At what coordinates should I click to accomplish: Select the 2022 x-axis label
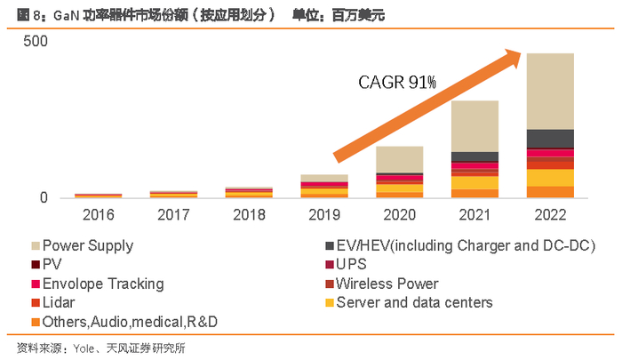click(x=549, y=214)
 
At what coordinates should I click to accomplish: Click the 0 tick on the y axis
click(x=42, y=197)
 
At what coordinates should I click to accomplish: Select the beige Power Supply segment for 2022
click(x=549, y=91)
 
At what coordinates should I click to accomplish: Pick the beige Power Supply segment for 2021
click(x=474, y=125)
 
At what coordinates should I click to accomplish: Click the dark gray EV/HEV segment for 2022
click(x=549, y=138)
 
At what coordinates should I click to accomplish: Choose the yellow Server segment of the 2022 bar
click(x=549, y=178)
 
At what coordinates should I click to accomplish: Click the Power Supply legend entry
click(x=88, y=245)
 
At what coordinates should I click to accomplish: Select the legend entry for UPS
click(x=350, y=265)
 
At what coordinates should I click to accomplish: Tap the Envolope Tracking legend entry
click(x=103, y=284)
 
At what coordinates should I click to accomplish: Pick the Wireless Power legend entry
click(x=387, y=284)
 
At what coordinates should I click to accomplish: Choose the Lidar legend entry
click(x=60, y=302)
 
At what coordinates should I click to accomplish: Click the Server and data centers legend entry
click(x=412, y=302)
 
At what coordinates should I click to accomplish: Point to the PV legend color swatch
click(x=35, y=265)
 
